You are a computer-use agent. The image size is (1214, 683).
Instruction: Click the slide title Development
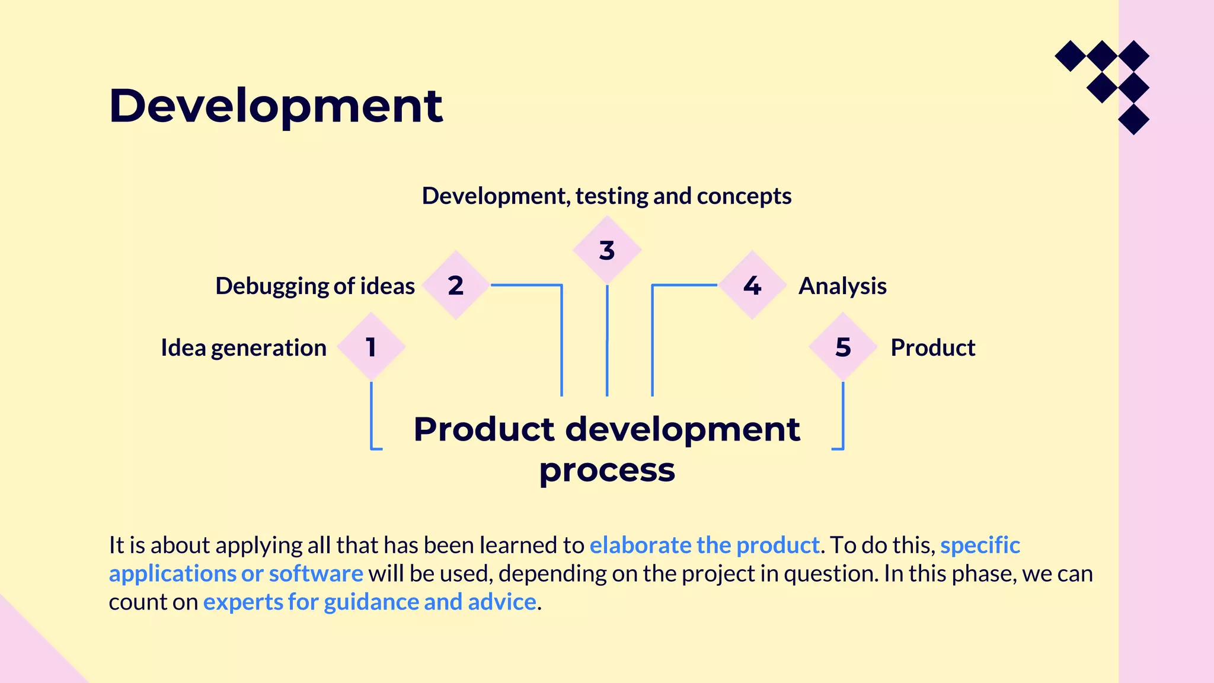click(276, 106)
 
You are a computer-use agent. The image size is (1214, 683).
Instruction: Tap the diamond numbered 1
click(371, 347)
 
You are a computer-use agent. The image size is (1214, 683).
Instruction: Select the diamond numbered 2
click(455, 285)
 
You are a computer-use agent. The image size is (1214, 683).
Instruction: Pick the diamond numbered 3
click(606, 250)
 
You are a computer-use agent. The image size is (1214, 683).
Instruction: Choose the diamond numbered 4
click(752, 285)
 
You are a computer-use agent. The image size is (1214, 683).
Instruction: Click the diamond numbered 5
click(842, 347)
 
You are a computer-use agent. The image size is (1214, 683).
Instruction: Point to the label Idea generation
click(244, 347)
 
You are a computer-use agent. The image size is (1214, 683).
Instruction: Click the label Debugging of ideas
click(315, 286)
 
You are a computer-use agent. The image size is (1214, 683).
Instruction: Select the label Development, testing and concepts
click(606, 196)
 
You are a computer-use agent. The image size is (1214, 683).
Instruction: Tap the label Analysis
click(842, 286)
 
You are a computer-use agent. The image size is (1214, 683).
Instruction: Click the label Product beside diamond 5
click(932, 347)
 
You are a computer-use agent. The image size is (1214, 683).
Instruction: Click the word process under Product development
click(606, 470)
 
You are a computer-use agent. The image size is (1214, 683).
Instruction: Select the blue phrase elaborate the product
click(704, 545)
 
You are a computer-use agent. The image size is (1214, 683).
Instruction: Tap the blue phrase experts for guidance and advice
click(369, 602)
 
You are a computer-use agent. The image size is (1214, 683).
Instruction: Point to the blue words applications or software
click(236, 573)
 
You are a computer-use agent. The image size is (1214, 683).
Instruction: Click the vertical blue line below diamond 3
click(607, 341)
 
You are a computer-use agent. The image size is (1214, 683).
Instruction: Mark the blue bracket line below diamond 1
click(372, 415)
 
